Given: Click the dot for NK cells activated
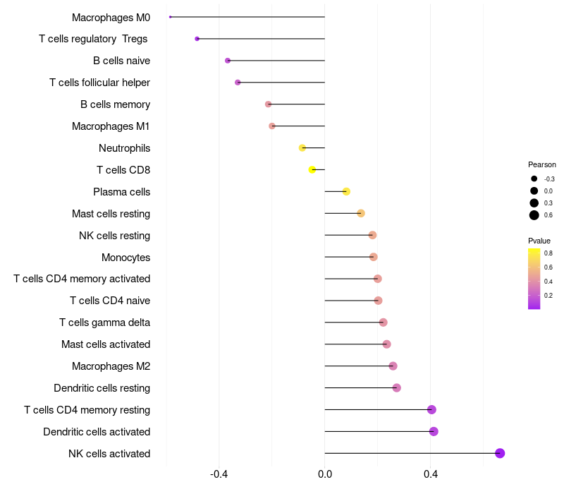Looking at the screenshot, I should pos(500,453).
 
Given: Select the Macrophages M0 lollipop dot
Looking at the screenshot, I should pos(171,17).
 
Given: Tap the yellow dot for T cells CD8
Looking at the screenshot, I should pos(312,169).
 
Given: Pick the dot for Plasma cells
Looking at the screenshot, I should pos(346,191).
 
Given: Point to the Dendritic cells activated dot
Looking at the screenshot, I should pos(434,431).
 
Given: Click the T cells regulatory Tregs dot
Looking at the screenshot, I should pos(197,39).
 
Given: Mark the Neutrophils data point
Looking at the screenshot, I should pos(302,147).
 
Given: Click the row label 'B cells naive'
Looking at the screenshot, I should pos(121,61).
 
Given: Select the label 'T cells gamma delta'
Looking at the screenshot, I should pos(104,323).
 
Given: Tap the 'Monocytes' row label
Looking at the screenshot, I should pos(125,257).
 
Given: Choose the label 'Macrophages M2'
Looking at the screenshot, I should pos(111,366).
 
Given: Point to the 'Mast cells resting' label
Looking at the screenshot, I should pos(111,213).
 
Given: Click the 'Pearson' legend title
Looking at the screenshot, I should pos(542,164).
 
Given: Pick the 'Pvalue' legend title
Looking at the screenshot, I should pos(539,241).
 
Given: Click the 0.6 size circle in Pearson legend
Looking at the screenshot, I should pos(534,215).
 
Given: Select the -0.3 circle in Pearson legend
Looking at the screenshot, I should pos(534,179).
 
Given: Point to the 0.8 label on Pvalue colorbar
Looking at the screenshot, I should pos(548,253).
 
